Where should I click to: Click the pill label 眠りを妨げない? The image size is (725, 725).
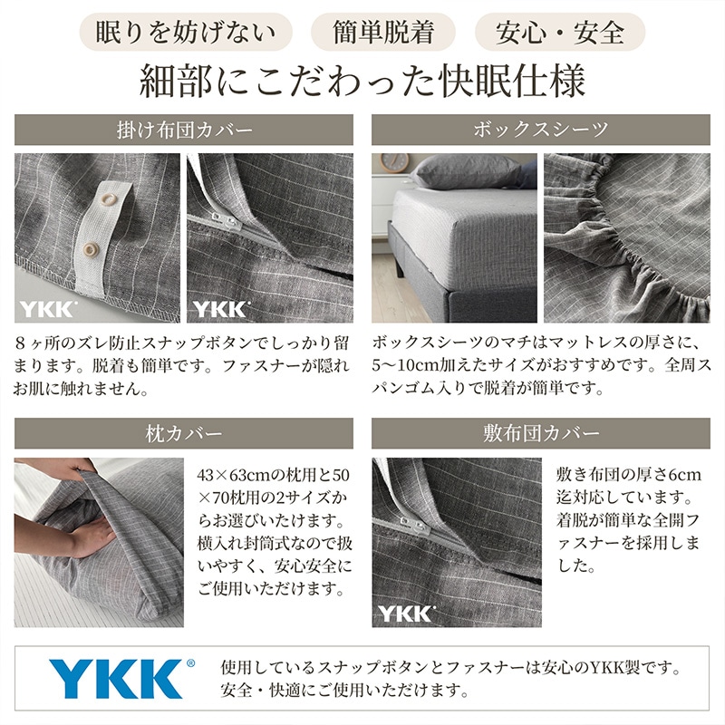[x=187, y=32]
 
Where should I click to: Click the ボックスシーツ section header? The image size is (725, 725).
[x=541, y=129]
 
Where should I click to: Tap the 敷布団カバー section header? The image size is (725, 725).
[x=541, y=433]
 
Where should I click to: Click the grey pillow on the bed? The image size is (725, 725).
[x=469, y=170]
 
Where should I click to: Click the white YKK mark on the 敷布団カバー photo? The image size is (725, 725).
[x=406, y=613]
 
